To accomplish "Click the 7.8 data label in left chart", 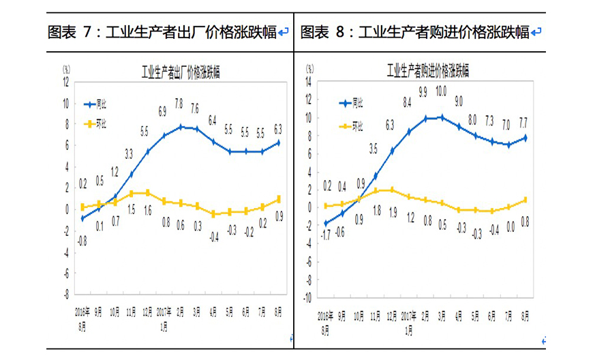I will (179, 104).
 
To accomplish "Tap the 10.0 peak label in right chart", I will (441, 91).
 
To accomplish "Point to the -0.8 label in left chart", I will (81, 239).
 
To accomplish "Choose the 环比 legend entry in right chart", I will (358, 126).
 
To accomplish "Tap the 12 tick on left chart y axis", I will (67, 82).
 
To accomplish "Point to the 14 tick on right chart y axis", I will (308, 81).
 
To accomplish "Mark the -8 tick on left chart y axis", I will (66, 295).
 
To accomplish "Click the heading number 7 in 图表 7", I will (87, 32).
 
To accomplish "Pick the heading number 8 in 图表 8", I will (339, 32).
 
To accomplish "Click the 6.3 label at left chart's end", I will (278, 127).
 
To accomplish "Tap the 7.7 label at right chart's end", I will (523, 122).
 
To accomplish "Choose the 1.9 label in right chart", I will (392, 212).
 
